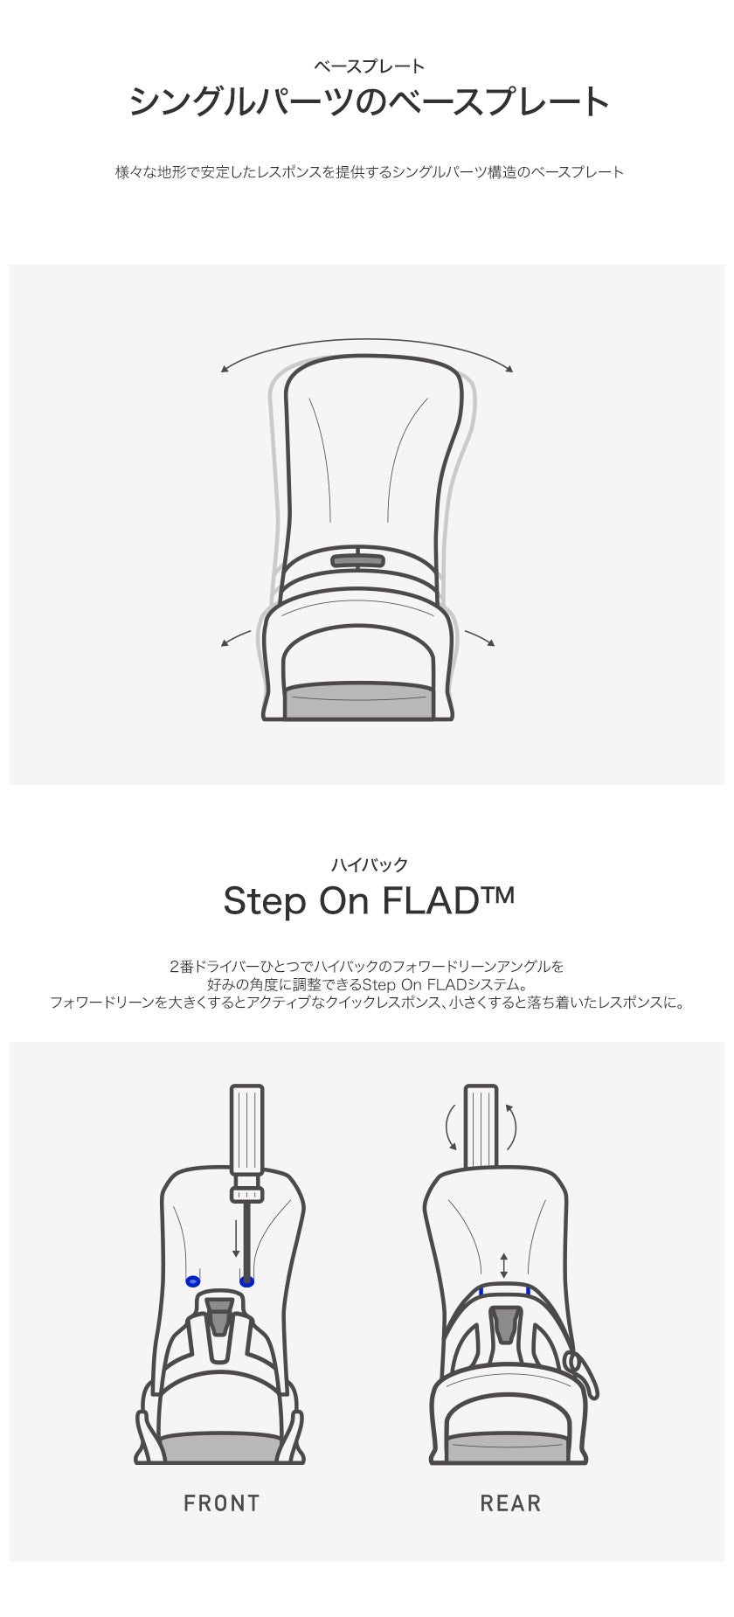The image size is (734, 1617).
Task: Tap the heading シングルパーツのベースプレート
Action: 369,102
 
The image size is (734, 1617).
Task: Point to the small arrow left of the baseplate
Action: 236,638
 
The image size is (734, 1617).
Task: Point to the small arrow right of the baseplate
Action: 480,638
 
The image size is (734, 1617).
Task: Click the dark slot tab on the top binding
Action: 358,560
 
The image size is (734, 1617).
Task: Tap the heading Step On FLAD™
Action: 369,900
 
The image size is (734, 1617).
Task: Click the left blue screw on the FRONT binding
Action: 193,1281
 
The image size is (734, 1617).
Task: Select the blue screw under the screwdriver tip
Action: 247,1281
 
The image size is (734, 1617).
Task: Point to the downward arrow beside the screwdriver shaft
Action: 236,1239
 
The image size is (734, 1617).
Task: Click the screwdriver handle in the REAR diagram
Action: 481,1126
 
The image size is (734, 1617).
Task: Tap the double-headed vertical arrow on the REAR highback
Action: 504,1266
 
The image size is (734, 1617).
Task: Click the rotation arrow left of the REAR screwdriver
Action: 448,1127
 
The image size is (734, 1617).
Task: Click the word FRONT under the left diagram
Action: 222,1503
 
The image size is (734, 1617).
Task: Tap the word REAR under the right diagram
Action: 510,1503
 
